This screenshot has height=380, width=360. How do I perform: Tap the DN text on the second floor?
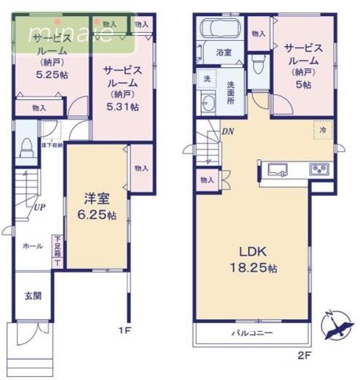tap(228, 131)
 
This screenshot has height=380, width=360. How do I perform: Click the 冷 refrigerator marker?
tap(324, 129)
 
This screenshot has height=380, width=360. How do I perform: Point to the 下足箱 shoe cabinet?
tap(56, 250)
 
